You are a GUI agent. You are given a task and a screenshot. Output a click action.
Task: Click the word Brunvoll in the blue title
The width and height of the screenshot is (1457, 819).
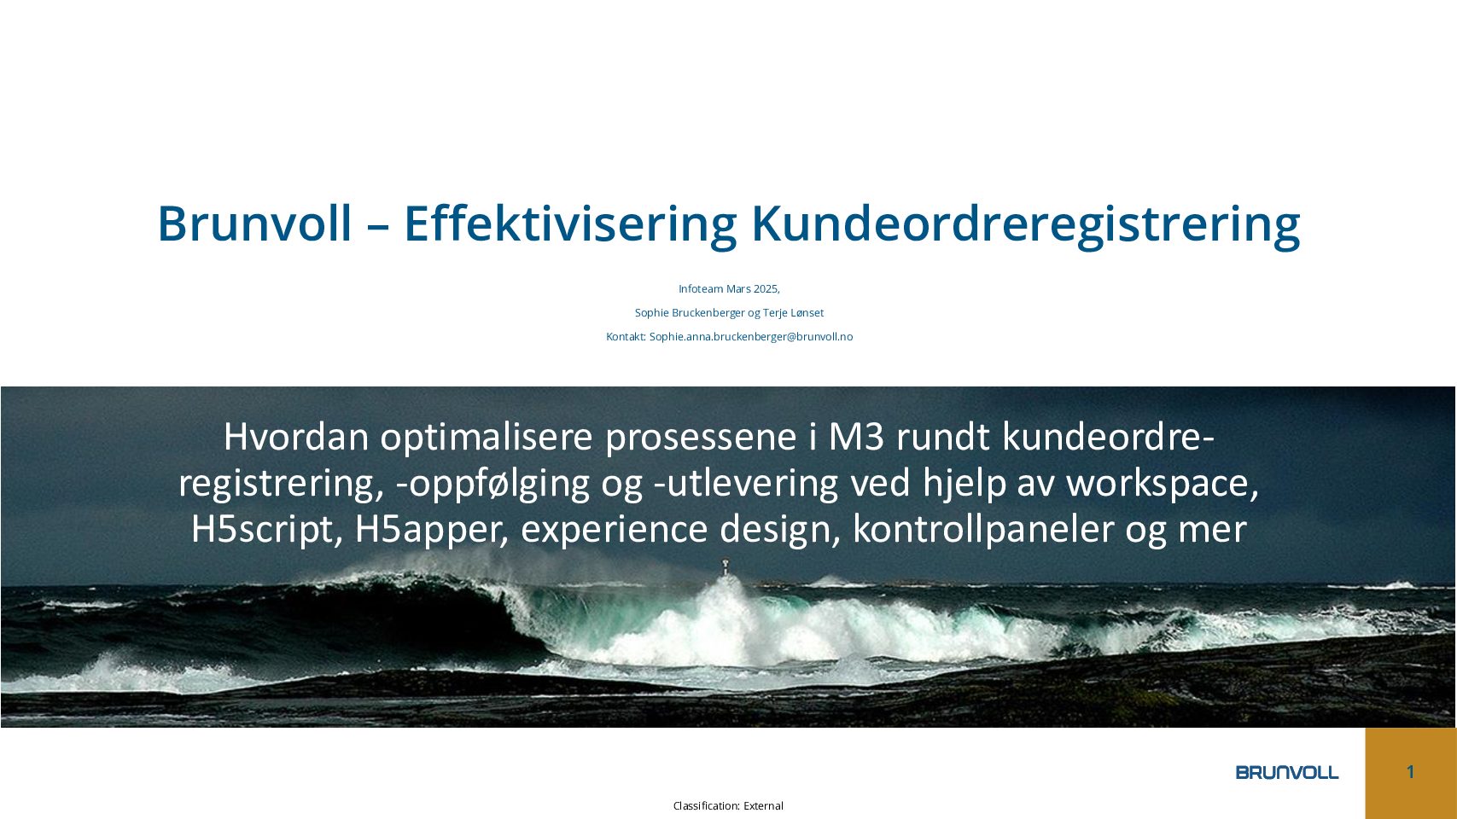[254, 224]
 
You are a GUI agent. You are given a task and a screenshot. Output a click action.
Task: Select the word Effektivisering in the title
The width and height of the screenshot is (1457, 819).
[570, 224]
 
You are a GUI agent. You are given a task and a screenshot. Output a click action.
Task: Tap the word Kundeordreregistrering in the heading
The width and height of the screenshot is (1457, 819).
[1026, 225]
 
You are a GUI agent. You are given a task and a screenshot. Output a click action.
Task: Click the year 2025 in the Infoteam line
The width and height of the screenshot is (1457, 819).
[766, 288]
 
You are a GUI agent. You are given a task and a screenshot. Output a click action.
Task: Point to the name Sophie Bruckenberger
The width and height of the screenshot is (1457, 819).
[690, 312]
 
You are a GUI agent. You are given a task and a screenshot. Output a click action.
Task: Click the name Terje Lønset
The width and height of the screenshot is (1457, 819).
[793, 312]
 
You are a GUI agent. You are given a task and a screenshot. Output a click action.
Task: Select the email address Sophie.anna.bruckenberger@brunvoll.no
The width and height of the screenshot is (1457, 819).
[751, 337]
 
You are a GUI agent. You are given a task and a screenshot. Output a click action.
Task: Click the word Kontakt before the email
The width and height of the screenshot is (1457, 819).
[626, 337]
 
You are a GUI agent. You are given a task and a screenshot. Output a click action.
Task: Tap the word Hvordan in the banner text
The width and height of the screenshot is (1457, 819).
[296, 436]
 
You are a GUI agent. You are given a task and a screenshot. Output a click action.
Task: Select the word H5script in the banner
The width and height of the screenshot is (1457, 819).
[267, 530]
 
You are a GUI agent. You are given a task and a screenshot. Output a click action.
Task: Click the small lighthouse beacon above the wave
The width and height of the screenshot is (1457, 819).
[726, 566]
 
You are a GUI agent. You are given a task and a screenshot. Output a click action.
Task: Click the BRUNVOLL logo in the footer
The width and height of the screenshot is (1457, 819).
[1286, 772]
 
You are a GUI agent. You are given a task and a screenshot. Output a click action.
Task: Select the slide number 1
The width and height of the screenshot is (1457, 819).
[1410, 771]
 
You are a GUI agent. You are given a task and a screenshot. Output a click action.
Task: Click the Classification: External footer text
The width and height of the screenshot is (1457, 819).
[729, 806]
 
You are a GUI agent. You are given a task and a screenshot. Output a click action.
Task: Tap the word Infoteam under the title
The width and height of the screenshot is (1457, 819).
[701, 288]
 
